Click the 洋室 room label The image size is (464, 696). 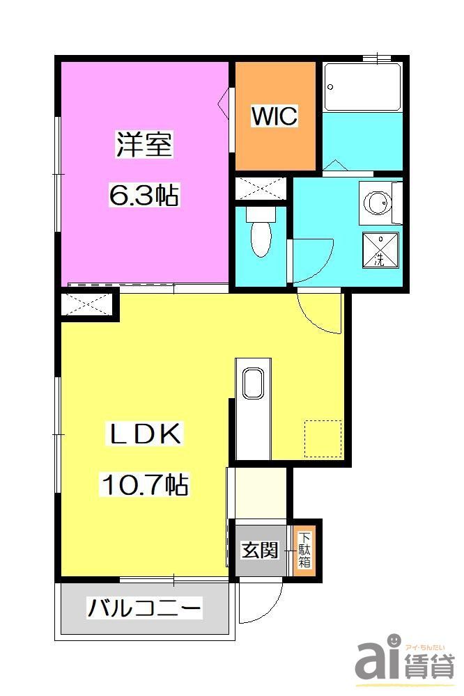144,145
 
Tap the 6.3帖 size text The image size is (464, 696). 144,196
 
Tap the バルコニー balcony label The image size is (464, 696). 144,609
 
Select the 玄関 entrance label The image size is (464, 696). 259,551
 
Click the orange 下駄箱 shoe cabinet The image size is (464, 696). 304,550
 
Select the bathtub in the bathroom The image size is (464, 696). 362,87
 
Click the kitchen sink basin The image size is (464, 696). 252,383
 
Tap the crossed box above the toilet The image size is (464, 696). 260,189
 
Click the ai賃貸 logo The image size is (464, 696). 404,658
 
